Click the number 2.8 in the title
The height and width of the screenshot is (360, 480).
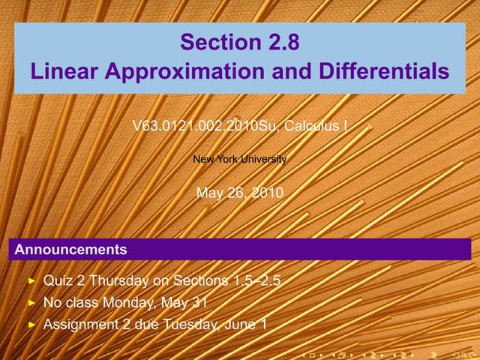(280, 43)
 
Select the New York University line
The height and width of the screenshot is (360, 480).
(240, 159)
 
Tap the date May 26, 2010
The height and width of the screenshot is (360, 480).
(240, 193)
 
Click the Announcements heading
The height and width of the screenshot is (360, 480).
(71, 248)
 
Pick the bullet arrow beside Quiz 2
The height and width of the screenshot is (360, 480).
(31, 281)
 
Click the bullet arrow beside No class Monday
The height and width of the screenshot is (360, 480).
(31, 304)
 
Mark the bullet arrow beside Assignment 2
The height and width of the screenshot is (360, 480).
(31, 325)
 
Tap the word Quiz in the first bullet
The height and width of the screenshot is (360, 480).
(58, 281)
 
